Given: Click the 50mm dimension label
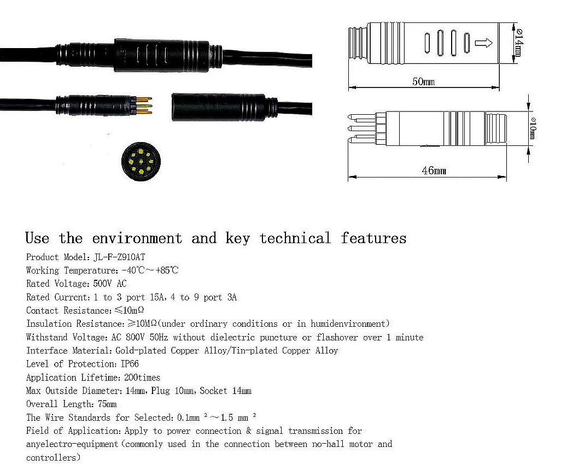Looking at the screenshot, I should pos(423,82).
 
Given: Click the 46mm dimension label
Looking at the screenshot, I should pos(433,171).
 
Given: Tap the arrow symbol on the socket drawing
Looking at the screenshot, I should pos(484,43).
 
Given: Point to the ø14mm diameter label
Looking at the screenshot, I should pos(518,42).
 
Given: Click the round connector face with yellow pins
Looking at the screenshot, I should pos(141,160).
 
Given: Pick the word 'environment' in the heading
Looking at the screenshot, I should pos(137,239).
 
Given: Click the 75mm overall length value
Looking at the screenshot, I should pos(107,404).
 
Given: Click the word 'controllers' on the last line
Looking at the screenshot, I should pos(52,457).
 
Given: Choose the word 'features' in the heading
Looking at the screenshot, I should pos(373,239).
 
